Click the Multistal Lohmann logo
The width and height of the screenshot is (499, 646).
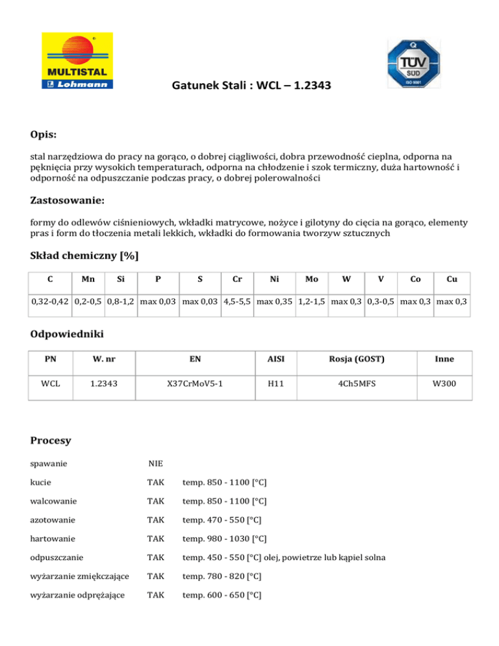point(77,60)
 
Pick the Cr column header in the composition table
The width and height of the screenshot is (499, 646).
point(238,279)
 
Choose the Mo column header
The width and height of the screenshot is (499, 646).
point(312,279)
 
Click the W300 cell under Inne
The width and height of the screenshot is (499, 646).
point(444,384)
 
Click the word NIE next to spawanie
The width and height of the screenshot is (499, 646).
point(155,464)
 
